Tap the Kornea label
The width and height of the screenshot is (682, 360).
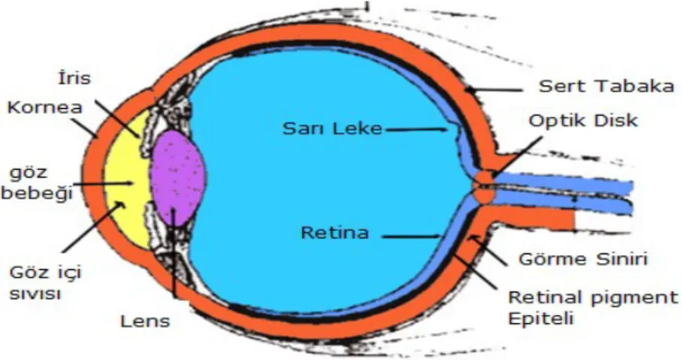(45, 107)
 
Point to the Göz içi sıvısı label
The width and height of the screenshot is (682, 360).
(45, 283)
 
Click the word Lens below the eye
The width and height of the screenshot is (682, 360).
(145, 321)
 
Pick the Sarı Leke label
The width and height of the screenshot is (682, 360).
(332, 128)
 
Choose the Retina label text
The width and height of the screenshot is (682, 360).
(335, 232)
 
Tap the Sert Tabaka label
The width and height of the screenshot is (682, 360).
(607, 86)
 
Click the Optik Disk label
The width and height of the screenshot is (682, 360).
(583, 121)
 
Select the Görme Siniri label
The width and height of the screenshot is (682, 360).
(583, 259)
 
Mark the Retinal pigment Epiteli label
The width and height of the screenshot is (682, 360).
(593, 307)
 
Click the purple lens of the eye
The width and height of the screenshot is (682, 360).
(178, 178)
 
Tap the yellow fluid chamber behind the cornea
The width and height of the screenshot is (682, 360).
(126, 178)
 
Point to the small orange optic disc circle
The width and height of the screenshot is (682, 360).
(484, 187)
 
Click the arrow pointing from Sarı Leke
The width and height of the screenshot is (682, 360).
(416, 129)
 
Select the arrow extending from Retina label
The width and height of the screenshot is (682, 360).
(411, 237)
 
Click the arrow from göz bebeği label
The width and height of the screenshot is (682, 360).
(103, 184)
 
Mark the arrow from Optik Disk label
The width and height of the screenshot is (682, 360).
(518, 157)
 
